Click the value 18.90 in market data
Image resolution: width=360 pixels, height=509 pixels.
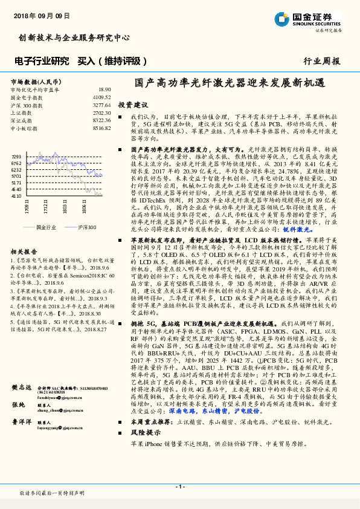point(104,89)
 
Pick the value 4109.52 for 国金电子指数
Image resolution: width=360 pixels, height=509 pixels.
point(101,97)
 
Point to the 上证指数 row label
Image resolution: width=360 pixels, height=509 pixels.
point(22,112)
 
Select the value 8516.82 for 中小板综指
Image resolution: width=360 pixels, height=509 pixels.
point(101,128)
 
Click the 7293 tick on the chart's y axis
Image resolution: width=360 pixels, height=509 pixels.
point(16,156)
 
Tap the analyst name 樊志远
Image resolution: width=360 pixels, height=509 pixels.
point(21,387)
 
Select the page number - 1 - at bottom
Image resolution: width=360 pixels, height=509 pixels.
point(179,486)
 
